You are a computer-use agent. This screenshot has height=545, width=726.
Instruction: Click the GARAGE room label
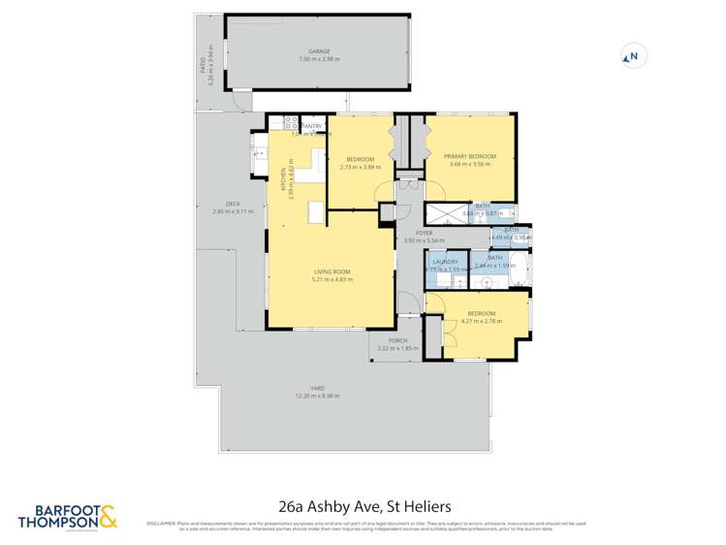(x=319, y=51)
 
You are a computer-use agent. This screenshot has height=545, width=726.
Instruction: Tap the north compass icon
(x=631, y=57)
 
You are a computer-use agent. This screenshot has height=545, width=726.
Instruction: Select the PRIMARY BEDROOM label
(x=470, y=156)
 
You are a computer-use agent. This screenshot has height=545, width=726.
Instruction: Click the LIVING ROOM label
(x=332, y=272)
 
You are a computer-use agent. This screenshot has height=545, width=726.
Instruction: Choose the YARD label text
(x=317, y=388)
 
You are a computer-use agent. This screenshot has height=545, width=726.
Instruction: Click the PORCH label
(x=397, y=340)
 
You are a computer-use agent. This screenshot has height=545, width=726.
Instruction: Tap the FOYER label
(x=424, y=233)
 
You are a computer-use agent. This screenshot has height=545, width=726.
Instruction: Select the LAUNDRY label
(x=446, y=262)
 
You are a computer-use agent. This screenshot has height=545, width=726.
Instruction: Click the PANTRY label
(x=312, y=126)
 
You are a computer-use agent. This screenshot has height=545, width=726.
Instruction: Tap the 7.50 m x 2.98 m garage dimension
(x=319, y=59)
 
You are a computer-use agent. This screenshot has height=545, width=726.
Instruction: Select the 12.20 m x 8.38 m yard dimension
(x=317, y=396)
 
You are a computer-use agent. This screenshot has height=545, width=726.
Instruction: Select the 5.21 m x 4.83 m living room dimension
(x=332, y=279)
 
